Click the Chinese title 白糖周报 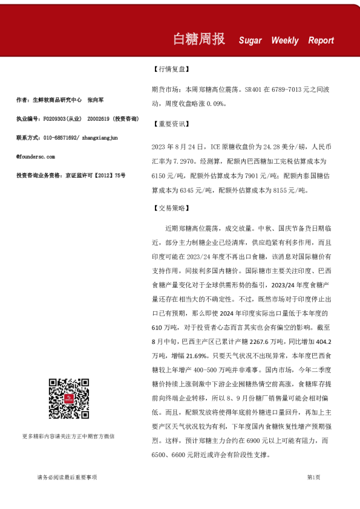click(x=199, y=39)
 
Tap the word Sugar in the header click(x=250, y=41)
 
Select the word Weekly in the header click(x=285, y=41)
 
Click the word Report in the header click(x=321, y=41)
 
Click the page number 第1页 click(x=313, y=478)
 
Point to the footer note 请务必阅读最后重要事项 click(x=67, y=478)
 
